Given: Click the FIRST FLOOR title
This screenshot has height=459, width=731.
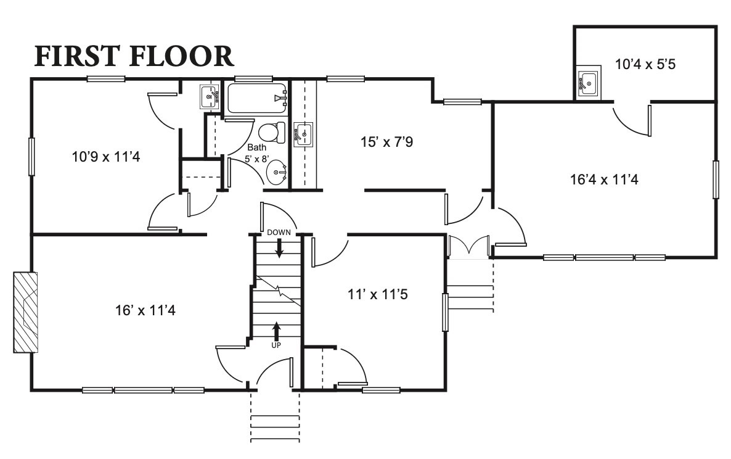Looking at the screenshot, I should pyautogui.click(x=134, y=56).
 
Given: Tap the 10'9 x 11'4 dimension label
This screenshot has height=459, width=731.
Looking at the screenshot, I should pyautogui.click(x=106, y=157).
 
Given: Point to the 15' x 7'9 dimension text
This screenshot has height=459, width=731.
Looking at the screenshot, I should pyautogui.click(x=386, y=142).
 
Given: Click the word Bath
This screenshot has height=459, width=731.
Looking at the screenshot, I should pyautogui.click(x=256, y=148).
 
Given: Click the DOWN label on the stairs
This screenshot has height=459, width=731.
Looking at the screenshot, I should pyautogui.click(x=279, y=233).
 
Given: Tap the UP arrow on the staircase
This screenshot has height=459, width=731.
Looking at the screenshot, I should pyautogui.click(x=276, y=331).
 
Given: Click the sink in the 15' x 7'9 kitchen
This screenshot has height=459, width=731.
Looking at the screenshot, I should pyautogui.click(x=303, y=134).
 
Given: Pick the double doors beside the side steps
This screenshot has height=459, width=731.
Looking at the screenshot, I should pyautogui.click(x=470, y=247).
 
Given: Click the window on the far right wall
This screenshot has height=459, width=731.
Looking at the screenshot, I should pyautogui.click(x=716, y=180).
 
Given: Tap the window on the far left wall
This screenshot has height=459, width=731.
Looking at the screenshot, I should pyautogui.click(x=31, y=157).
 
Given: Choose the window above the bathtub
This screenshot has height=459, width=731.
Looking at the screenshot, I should pyautogui.click(x=253, y=79).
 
